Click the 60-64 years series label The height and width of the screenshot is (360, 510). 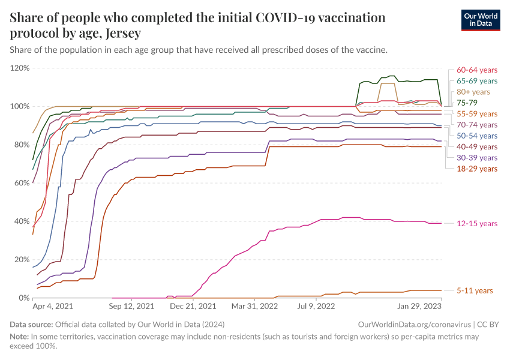pyautogui.click(x=477, y=70)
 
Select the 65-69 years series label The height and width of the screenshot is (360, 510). pyautogui.click(x=477, y=80)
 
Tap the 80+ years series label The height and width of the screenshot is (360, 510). pyautogui.click(x=473, y=92)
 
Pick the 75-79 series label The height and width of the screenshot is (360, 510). pyautogui.click(x=467, y=103)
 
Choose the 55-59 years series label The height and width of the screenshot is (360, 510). pyautogui.click(x=477, y=113)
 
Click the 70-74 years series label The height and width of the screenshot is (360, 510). pyautogui.click(x=477, y=125)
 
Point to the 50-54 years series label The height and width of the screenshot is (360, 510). pyautogui.click(x=477, y=136)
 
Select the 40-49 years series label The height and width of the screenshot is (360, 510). pyautogui.click(x=477, y=147)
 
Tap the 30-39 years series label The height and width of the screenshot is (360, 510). pyautogui.click(x=477, y=158)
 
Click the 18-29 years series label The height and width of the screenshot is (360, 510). pyautogui.click(x=477, y=169)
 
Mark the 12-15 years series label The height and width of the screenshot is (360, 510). pyautogui.click(x=477, y=223)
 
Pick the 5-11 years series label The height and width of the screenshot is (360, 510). pyautogui.click(x=475, y=290)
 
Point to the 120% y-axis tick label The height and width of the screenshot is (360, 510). pyautogui.click(x=20, y=68)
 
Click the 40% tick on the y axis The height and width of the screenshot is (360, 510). pyautogui.click(x=22, y=221)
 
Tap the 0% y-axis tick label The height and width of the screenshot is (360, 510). pyautogui.click(x=23, y=298)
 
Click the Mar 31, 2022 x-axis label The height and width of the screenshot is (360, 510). pyautogui.click(x=254, y=306)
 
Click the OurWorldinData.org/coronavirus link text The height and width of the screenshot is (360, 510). pyautogui.click(x=413, y=324)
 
